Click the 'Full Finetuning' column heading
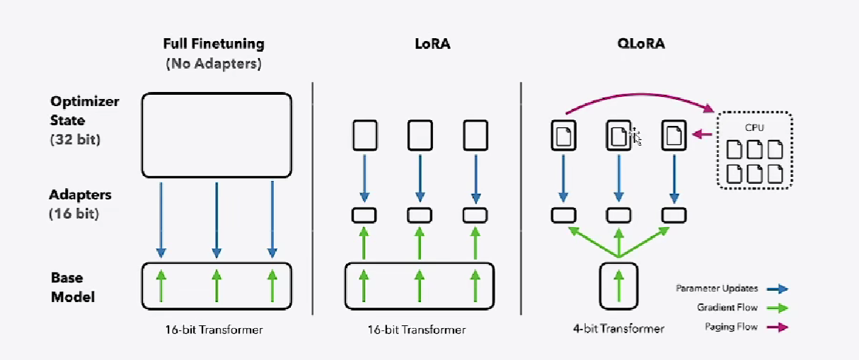(x=213, y=44)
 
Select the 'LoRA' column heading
(x=432, y=44)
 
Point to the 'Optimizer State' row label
(x=85, y=111)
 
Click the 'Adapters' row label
(x=81, y=194)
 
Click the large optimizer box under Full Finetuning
(x=217, y=135)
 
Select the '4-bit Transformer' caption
(x=618, y=329)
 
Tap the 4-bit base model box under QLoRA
(x=618, y=286)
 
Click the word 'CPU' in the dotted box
(x=755, y=129)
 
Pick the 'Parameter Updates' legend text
(x=715, y=289)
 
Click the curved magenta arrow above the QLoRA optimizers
(x=637, y=101)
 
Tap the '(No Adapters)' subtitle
(x=214, y=64)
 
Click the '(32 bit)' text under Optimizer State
(x=75, y=139)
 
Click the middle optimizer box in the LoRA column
(x=420, y=135)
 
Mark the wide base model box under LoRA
(x=420, y=286)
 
